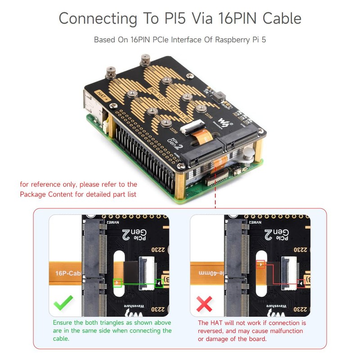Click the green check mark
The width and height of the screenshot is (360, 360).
[64, 305]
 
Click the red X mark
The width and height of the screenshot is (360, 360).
[205, 305]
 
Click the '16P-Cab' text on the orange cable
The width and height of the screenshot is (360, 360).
[66, 273]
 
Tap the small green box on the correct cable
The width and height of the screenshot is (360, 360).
[117, 283]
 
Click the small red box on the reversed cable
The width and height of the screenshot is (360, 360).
[260, 265]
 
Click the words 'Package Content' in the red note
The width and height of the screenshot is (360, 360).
[45, 194]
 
